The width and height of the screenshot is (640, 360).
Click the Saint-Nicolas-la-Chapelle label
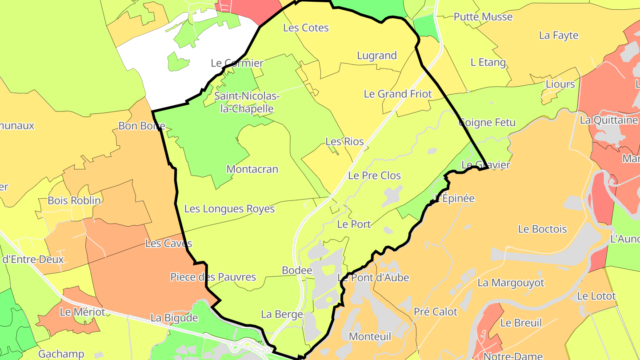[x=247, y=102]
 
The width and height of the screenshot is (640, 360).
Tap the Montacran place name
[x=252, y=169]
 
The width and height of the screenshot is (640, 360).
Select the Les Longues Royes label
[x=229, y=209]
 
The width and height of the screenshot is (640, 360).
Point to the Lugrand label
[x=377, y=56]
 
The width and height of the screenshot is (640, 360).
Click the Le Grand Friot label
[x=398, y=94]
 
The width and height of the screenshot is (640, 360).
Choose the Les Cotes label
[x=306, y=28]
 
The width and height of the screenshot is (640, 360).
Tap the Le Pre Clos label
[x=374, y=176]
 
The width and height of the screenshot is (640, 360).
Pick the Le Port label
[x=354, y=224]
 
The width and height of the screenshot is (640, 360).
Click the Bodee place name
[x=297, y=271]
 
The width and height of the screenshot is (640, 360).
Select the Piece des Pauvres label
[x=213, y=277]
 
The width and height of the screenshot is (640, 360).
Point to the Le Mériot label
[x=82, y=312]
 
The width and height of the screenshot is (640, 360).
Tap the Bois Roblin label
[x=74, y=200]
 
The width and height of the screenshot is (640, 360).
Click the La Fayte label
[x=559, y=36]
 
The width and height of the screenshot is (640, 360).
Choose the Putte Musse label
[x=483, y=17]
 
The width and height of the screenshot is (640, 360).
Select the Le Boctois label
[x=542, y=229]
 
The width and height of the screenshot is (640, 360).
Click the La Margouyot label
[x=511, y=283]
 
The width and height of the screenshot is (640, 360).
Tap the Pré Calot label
[x=435, y=312]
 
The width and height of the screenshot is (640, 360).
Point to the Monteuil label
[x=370, y=336]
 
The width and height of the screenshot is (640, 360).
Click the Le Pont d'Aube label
[x=373, y=278]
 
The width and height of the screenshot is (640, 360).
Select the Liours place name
[x=560, y=84]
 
